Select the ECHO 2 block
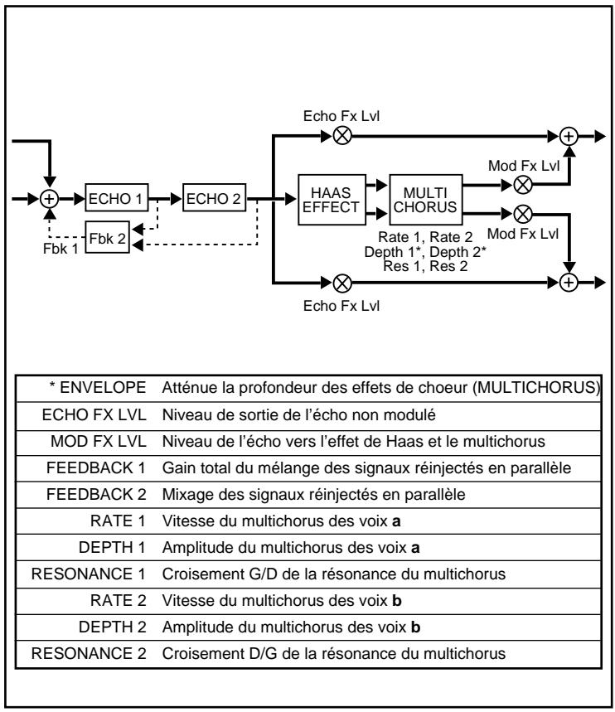[x=214, y=200]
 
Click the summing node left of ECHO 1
[x=50, y=200]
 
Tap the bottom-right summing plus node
[x=569, y=281]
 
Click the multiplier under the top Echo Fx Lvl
[x=340, y=136]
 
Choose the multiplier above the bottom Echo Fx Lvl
[x=340, y=281]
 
